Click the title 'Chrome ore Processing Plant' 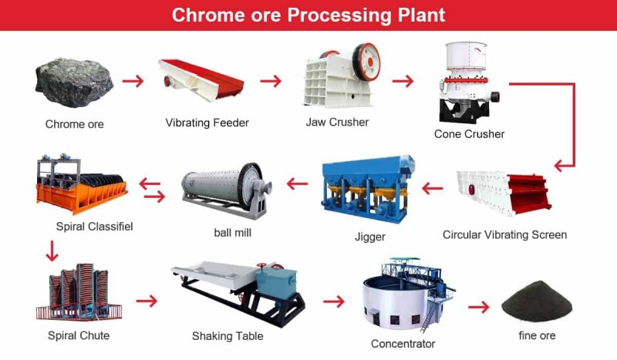pos(308,15)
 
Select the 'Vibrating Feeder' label pos(207,123)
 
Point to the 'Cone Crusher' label pos(469,134)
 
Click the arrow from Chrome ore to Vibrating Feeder pos(133,80)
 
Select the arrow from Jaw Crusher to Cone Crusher pos(403,80)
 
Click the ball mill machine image pos(224,190)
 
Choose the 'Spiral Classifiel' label pos(95,227)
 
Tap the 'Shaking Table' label pos(228,336)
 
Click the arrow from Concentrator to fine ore pos(479,307)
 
